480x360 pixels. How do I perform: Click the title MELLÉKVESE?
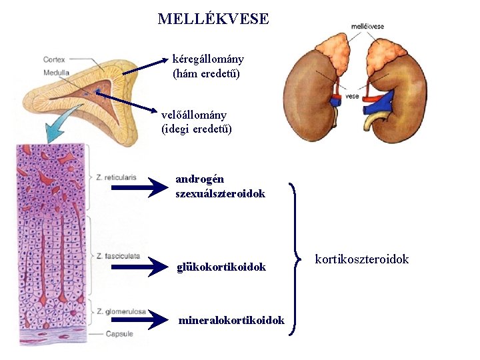tap(213, 19)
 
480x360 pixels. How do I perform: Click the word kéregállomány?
tap(208, 59)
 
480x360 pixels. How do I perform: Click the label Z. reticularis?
tap(116, 177)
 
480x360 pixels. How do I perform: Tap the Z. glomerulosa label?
tap(121, 311)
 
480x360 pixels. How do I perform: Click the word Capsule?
tap(120, 333)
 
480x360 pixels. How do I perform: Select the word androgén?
tap(199, 179)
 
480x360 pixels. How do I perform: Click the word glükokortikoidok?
tap(221, 267)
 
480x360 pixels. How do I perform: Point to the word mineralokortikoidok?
tap(231, 321)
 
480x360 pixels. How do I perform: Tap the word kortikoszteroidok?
tap(361, 259)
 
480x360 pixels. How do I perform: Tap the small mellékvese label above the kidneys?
tap(367, 26)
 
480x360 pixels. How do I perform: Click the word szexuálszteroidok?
tap(220, 193)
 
